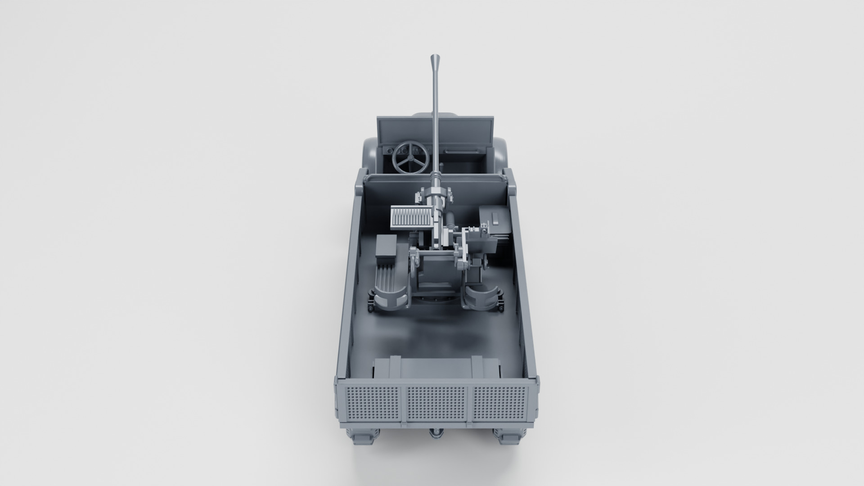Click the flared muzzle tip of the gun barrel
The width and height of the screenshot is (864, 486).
point(436,59)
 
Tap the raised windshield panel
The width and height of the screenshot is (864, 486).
point(434,130)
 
